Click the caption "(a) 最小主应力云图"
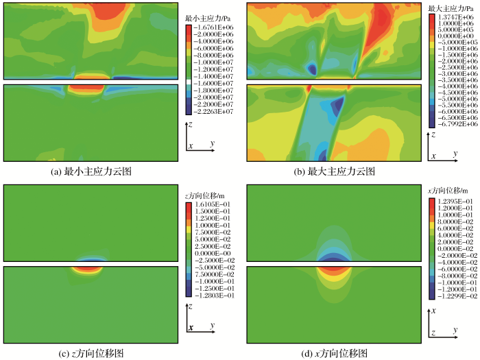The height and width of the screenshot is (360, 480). (93, 171)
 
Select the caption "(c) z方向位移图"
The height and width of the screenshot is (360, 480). (93, 353)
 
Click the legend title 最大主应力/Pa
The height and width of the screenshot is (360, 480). (451, 8)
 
